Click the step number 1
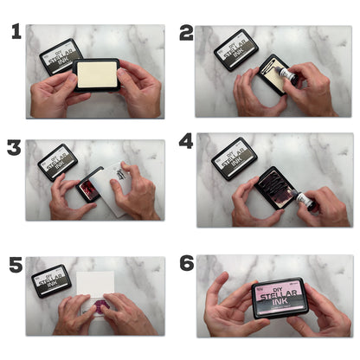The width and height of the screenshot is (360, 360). point(16,33)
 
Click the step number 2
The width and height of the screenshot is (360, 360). point(186,33)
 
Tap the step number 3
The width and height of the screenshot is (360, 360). point(14,147)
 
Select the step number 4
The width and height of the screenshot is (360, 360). point(186,141)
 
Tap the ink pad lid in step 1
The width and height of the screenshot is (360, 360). point(61,54)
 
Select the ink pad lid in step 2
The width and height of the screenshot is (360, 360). point(235,48)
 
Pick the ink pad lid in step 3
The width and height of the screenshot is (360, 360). point(56,161)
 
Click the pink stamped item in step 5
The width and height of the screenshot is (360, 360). point(96,306)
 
